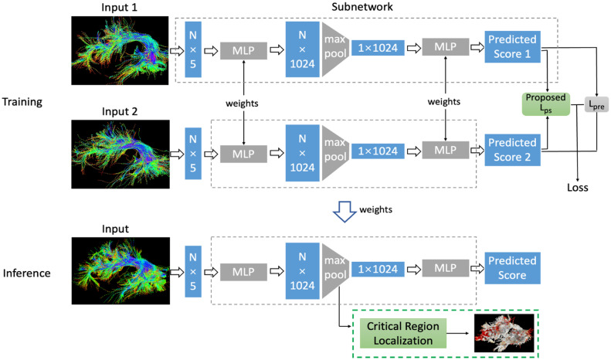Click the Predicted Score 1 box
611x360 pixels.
[511, 50]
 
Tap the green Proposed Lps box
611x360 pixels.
[545, 102]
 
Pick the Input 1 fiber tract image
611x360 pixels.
[114, 50]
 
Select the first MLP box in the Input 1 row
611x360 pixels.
[243, 50]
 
